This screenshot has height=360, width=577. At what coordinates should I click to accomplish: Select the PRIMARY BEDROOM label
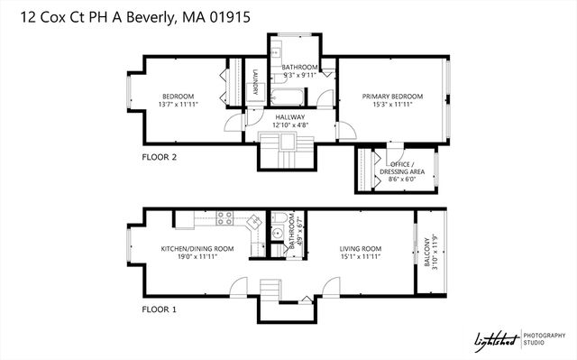coord(393,97)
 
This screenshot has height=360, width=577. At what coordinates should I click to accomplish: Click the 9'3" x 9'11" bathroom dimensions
coord(299,76)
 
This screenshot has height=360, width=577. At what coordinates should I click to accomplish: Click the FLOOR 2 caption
coord(160,157)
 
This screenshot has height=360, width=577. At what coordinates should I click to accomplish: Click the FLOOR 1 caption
coord(160,309)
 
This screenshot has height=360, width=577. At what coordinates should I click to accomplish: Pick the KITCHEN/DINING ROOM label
coord(197,249)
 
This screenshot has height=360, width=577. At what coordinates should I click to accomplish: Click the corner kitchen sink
coord(255,221)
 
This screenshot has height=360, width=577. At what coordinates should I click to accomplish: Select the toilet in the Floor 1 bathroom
coord(279,217)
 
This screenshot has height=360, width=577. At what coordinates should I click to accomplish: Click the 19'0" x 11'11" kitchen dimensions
coord(197,257)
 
